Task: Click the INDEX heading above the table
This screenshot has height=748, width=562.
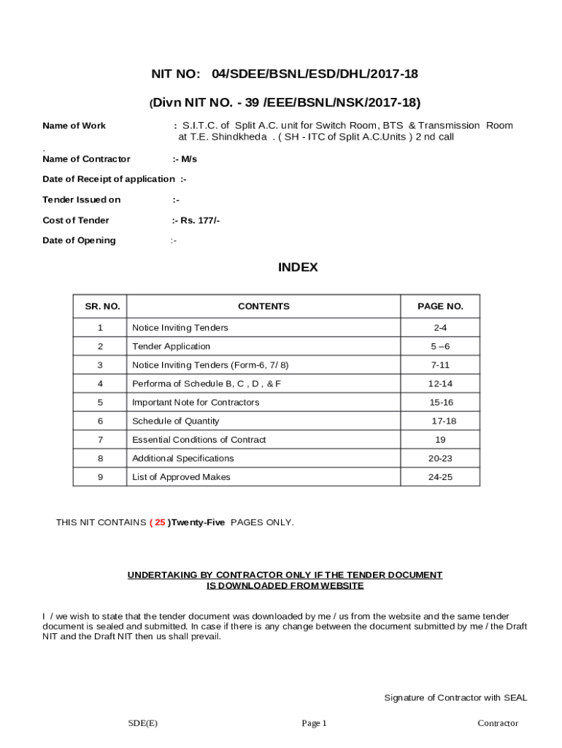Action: [x=298, y=267]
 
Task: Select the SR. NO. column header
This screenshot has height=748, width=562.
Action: [x=99, y=307]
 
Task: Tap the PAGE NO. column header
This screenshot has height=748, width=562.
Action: [x=440, y=307]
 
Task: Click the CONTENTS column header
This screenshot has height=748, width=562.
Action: [x=263, y=307]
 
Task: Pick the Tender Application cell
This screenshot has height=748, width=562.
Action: [x=171, y=346]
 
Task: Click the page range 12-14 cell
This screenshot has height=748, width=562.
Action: [x=440, y=383]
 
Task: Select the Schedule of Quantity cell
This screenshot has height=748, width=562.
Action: [x=175, y=421]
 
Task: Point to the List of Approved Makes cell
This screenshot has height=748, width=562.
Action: [x=181, y=477]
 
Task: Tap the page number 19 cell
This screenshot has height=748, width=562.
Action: [x=440, y=440]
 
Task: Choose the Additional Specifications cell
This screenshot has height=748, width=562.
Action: [x=182, y=458]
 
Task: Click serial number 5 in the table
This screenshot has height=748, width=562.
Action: [x=100, y=402]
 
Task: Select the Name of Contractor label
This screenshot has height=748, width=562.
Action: [x=86, y=159]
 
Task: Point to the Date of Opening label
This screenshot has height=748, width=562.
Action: [x=79, y=240]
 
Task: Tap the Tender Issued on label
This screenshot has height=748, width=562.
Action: [x=82, y=199]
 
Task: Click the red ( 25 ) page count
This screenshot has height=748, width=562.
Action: [x=158, y=522]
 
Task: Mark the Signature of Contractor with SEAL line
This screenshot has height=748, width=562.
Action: [x=455, y=698]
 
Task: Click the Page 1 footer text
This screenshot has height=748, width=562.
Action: [x=315, y=723]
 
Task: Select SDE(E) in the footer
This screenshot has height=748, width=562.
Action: [x=142, y=723]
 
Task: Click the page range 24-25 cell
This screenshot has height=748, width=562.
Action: [x=440, y=477]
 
